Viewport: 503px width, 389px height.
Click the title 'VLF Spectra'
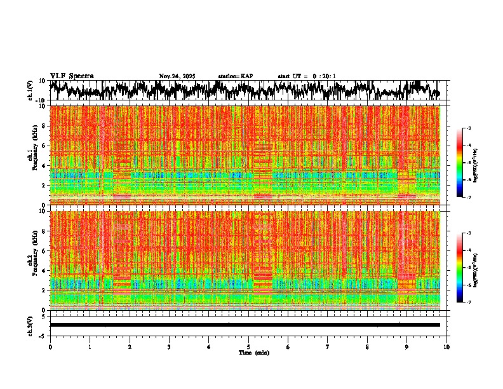[72, 76]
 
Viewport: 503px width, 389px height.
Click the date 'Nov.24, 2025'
[177, 76]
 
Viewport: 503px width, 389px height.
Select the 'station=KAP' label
[235, 76]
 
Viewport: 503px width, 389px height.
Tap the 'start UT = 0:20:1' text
[307, 76]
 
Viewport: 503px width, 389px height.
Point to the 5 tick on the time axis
[248, 347]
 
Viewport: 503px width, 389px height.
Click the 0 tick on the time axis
[50, 347]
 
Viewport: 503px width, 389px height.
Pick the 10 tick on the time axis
[446, 347]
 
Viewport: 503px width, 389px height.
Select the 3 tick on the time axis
[169, 347]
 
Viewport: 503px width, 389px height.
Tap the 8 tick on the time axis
[367, 347]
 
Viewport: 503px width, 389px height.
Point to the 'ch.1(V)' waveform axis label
[30, 90]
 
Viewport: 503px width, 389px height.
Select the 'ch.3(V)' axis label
[30, 325]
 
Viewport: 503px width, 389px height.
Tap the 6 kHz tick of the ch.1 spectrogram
[44, 146]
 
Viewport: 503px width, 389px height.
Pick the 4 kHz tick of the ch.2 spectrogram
[44, 271]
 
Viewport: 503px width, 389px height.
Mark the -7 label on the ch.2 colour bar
[469, 303]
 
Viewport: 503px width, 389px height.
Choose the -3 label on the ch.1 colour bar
[469, 129]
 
